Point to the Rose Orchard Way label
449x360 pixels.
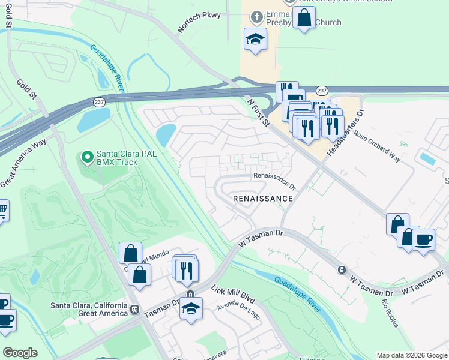[x=377, y=148]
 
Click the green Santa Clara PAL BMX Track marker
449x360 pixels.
[x=87, y=158]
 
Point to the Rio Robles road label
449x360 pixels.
[x=387, y=307]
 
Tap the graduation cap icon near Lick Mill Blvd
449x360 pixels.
[x=191, y=308]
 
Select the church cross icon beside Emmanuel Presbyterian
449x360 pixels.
[x=257, y=16]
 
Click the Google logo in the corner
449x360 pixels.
[x=20, y=353]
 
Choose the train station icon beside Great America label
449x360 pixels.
[x=134, y=310]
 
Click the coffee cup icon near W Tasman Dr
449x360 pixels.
[x=424, y=239]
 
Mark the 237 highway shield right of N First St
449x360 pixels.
[x=322, y=90]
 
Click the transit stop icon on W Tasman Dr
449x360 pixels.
[x=341, y=269]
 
